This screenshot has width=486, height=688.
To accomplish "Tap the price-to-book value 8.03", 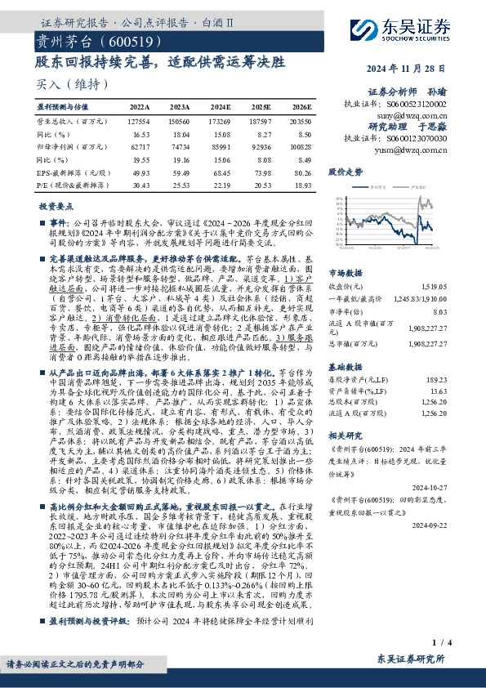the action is click(441, 310).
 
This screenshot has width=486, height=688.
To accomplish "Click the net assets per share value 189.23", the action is click(439, 379).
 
